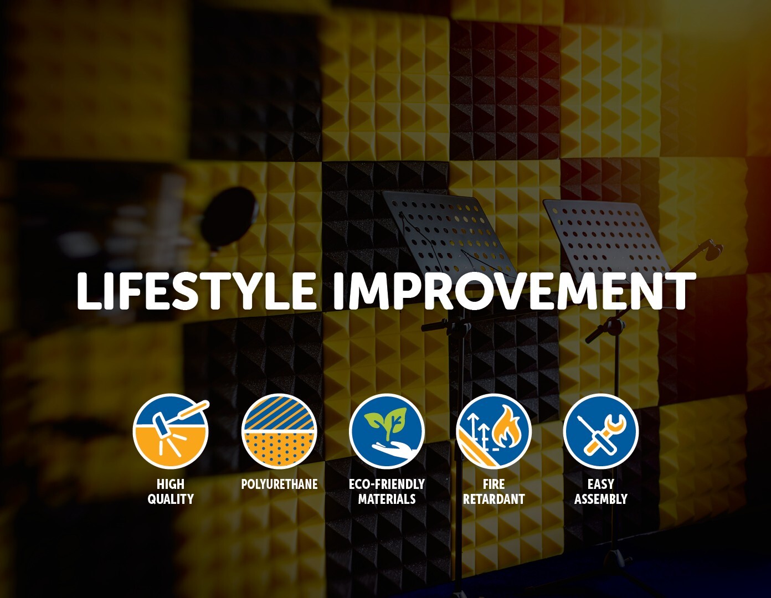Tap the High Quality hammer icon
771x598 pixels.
[x=171, y=431]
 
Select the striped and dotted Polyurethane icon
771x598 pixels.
[x=279, y=431]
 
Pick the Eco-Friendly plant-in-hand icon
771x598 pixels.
[x=387, y=431]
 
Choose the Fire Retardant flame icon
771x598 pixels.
[x=494, y=431]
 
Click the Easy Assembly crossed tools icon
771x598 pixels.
[x=601, y=431]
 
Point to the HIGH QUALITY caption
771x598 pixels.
[x=171, y=492]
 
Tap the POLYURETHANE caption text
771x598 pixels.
[x=279, y=484]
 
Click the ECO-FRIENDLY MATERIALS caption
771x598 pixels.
[x=387, y=492]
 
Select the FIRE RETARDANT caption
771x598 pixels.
[x=494, y=492]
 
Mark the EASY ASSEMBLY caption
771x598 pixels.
[x=601, y=492]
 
